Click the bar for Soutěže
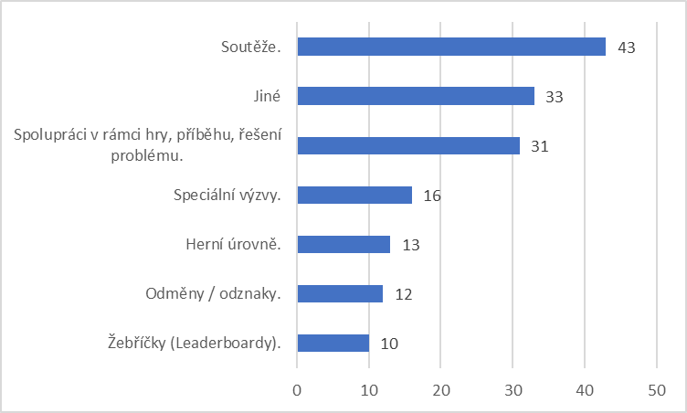point(451,47)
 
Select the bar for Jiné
point(416,96)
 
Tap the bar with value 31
point(408,145)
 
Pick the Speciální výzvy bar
point(354,196)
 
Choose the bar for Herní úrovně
point(343,244)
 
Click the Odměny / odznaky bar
point(340,293)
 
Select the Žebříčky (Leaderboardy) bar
point(333,343)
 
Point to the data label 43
point(626,48)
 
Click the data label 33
point(555,97)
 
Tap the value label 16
point(432,196)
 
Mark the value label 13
point(411,245)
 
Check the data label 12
point(404,294)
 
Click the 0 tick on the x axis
point(297,390)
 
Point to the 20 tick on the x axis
point(441,390)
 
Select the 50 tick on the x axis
point(657,390)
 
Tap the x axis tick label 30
point(513,390)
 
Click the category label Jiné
point(267,96)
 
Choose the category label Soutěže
point(250,47)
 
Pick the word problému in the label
point(147,156)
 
